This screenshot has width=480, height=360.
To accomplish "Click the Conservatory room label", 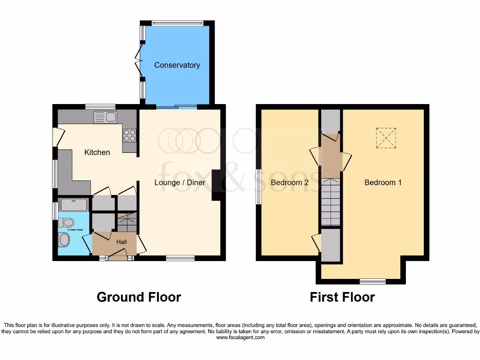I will pos(177,65).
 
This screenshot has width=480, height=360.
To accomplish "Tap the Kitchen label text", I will pos(97,152).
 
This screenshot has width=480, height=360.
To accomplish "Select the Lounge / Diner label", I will pos(180,182).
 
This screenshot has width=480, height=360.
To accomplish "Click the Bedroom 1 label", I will pos(383,182).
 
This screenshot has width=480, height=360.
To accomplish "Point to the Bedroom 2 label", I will pos(290,182).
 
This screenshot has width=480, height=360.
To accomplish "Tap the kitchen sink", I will pos(105,117).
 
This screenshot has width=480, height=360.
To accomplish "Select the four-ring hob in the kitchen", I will pos(129,135).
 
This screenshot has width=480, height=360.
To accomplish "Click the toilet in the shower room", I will pos(66,222).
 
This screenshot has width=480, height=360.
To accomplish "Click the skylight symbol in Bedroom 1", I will pos(386,138).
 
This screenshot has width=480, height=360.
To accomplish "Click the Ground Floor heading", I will pos(139,297).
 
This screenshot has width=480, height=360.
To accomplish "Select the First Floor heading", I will pos(342,297).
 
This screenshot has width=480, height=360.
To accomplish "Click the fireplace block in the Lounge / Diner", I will pos(217,185).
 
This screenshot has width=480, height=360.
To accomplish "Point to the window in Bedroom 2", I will pos(258,186).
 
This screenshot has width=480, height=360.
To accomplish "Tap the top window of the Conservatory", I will pos(177,22).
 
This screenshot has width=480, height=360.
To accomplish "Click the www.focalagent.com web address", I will pos(240,337).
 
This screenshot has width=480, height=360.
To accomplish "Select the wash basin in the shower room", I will pos(64,240).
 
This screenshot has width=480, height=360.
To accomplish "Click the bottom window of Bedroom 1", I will pos(373,281).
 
